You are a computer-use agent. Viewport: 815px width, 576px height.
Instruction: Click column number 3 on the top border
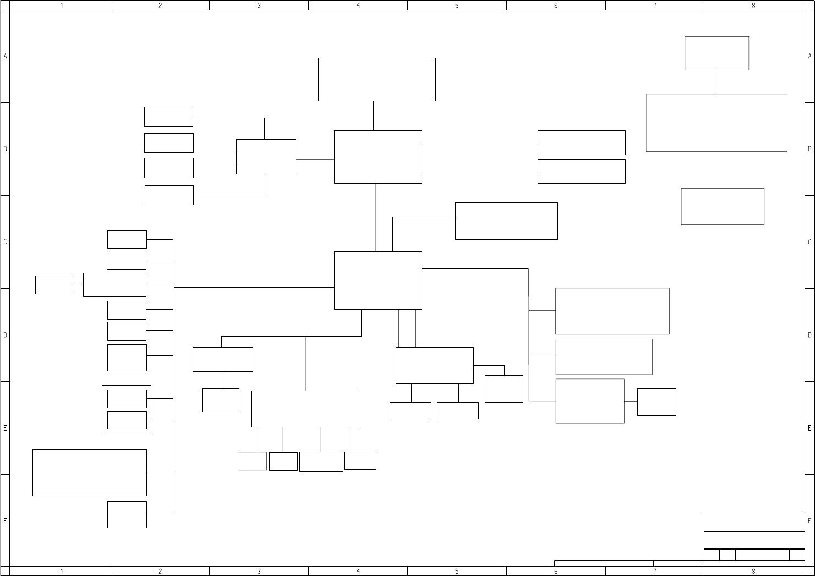259,5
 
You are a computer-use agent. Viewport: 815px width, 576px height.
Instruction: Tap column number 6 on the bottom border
555,571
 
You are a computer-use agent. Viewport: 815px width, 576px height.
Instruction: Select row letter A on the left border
5,56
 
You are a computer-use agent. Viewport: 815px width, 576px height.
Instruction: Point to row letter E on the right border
809,427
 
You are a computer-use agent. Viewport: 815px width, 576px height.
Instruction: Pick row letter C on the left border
5,242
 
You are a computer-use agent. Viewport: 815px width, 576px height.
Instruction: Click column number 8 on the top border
753,5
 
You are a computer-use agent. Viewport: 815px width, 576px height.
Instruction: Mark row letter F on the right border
809,520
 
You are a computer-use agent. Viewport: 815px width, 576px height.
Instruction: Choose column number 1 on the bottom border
61,571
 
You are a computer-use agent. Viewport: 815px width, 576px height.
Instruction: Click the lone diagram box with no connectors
723,206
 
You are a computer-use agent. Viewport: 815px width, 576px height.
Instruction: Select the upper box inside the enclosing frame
127,399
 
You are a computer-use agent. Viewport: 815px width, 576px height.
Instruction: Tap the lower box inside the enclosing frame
127,420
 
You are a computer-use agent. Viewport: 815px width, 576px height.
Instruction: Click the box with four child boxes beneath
304,409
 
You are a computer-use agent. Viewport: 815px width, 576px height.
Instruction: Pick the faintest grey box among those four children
252,461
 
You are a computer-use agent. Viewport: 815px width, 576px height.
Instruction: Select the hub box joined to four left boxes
266,157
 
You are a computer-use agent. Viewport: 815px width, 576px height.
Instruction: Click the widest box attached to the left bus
90,473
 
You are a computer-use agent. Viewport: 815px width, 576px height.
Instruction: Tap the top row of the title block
754,523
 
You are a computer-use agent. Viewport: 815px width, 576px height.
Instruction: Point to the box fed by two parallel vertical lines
434,365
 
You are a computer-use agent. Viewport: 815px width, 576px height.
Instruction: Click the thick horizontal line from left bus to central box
253,288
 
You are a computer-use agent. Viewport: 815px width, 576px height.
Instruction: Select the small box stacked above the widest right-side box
716,53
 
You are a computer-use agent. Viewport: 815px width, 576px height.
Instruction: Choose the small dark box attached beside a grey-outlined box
657,402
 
